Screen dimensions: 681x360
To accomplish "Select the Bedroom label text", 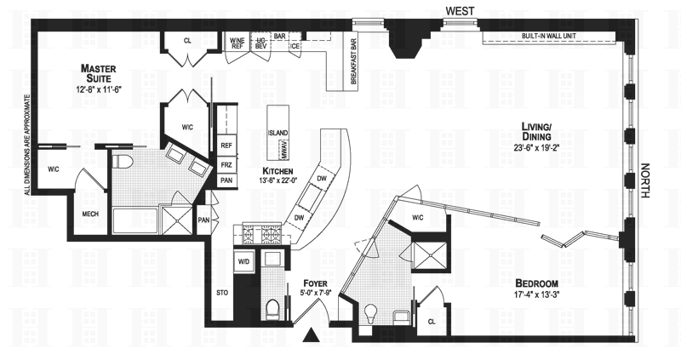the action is pos(537,283).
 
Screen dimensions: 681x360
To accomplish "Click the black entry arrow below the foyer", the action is pos(313,335).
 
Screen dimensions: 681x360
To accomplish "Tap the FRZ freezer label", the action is pos(226,164).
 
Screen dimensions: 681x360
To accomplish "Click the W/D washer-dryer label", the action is pos(243,261).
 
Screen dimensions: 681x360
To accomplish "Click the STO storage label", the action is pos(223,294).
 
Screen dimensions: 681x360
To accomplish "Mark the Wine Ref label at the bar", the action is pos(237,43).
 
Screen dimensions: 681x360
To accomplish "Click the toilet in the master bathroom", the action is pos(121,162).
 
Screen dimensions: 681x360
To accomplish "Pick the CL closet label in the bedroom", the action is pos(431,322).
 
